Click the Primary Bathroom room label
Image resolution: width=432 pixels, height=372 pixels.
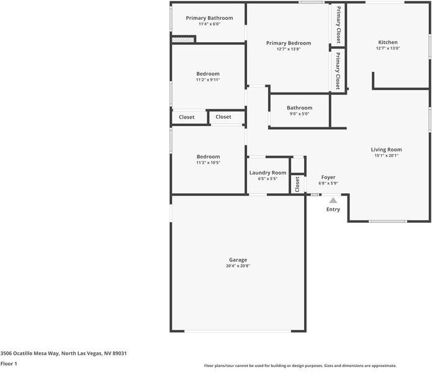pyautogui.click(x=209, y=18)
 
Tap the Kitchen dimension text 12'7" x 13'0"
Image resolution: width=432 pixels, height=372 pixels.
pyautogui.click(x=388, y=48)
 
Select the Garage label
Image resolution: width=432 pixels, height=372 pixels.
pyautogui.click(x=238, y=260)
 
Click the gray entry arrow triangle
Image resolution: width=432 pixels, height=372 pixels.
pyautogui.click(x=333, y=200)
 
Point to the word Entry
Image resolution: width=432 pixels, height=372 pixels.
pyautogui.click(x=333, y=209)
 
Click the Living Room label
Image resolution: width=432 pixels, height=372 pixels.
pyautogui.click(x=386, y=149)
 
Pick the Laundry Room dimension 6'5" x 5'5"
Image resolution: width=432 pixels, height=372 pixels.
pyautogui.click(x=268, y=179)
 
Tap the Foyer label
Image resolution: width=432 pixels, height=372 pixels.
pyautogui.click(x=328, y=177)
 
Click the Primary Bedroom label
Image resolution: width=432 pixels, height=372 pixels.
pyautogui.click(x=288, y=43)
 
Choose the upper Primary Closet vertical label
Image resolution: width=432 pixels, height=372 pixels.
pyautogui.click(x=338, y=24)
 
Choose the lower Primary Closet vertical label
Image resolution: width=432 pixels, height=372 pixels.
pyautogui.click(x=338, y=71)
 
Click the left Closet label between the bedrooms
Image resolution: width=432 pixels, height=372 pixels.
pyautogui.click(x=187, y=117)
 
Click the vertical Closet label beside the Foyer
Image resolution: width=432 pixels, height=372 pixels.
pyautogui.click(x=298, y=184)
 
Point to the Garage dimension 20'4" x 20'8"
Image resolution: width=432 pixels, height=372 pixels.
pyautogui.click(x=238, y=266)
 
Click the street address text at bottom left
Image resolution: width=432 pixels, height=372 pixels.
pyautogui.click(x=64, y=353)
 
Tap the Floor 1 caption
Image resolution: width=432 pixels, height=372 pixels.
pyautogui.click(x=9, y=363)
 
